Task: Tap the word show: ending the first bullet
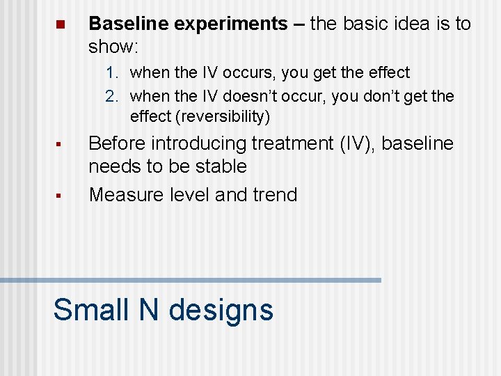tap(114, 47)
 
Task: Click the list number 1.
tap(112, 72)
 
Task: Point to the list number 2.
tap(112, 96)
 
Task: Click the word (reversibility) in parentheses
tap(223, 116)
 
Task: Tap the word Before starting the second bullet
tap(117, 143)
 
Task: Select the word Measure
tap(127, 195)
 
